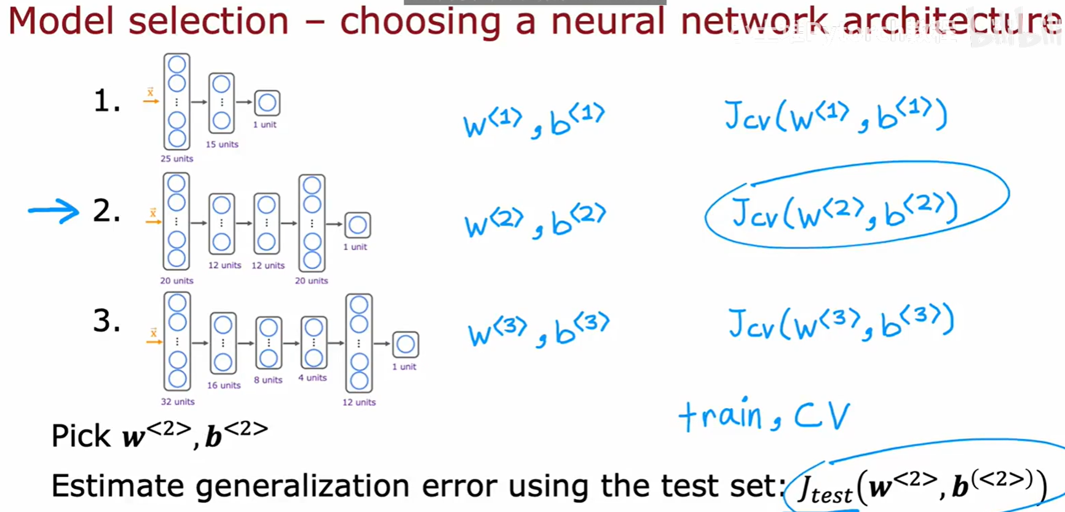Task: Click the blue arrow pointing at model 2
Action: point(54,211)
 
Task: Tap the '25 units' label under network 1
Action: point(176,159)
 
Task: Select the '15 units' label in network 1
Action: point(222,144)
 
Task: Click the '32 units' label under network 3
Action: point(178,401)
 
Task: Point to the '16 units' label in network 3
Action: point(224,385)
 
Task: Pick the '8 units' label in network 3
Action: point(268,380)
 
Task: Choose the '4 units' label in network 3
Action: point(312,377)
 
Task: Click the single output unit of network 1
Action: point(267,103)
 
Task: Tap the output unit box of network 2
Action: point(357,225)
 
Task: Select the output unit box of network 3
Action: point(405,344)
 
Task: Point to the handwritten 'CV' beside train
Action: point(822,416)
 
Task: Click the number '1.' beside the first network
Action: point(106,101)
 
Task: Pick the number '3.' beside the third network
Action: point(106,321)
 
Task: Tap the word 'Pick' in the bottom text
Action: point(81,436)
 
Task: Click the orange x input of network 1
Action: point(150,93)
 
